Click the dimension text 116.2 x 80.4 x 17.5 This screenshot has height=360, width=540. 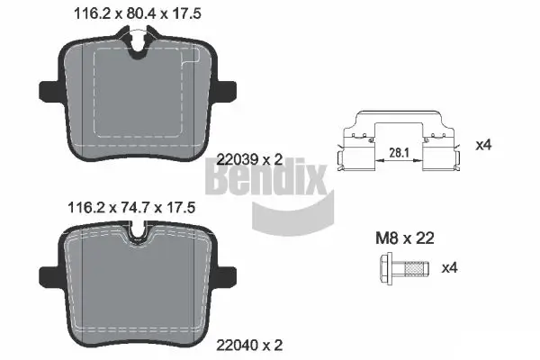pos(132,13)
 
